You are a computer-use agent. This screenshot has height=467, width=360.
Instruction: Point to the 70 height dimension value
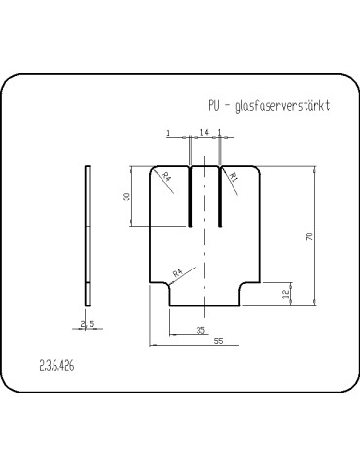tap(309, 236)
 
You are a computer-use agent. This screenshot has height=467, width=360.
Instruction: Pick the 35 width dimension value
tap(200, 331)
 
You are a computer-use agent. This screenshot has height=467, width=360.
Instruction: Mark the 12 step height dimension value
tap(285, 294)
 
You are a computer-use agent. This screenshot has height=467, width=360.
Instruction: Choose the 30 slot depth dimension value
tap(126, 197)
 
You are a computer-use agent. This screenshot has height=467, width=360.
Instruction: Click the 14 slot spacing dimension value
tap(204, 132)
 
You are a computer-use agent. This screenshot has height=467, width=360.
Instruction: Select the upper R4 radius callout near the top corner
tap(165, 177)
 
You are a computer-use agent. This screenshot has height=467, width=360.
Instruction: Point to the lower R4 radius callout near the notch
tap(177, 275)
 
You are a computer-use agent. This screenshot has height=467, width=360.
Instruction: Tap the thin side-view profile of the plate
tap(90, 233)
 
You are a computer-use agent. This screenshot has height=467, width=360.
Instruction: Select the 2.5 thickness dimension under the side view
tap(87, 323)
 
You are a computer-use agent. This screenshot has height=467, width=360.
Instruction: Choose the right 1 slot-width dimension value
tap(220, 132)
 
